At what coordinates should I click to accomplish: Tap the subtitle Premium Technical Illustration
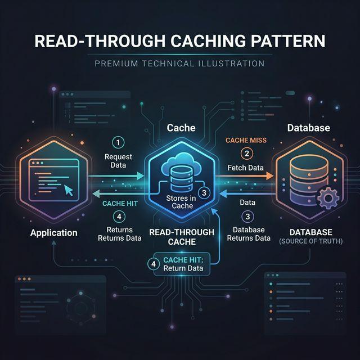(x=179, y=64)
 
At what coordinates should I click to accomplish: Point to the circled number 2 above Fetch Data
(x=246, y=153)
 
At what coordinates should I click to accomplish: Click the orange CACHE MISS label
(x=246, y=139)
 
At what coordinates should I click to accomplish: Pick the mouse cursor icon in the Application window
(x=69, y=190)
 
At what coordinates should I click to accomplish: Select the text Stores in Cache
(x=181, y=201)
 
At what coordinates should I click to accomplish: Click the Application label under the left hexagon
(x=54, y=232)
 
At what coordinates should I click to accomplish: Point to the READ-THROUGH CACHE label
(x=181, y=237)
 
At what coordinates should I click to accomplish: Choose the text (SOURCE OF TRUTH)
(x=310, y=241)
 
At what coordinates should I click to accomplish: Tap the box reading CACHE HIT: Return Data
(x=182, y=263)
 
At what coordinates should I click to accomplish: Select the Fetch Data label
(x=246, y=168)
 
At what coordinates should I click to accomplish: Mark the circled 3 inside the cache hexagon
(x=204, y=192)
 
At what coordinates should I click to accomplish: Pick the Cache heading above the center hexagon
(x=181, y=128)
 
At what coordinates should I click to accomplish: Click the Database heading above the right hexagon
(x=309, y=128)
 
